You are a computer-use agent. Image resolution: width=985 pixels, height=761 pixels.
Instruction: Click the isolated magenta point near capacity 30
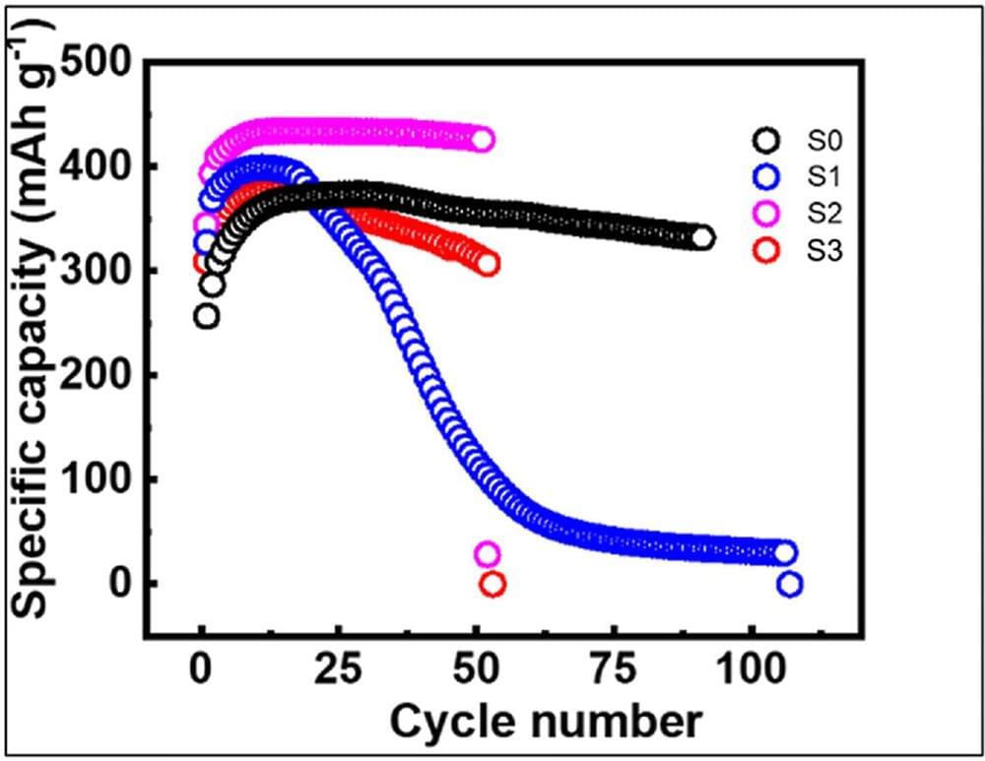[x=487, y=554]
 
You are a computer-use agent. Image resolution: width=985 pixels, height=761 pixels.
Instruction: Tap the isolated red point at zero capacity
[x=492, y=585]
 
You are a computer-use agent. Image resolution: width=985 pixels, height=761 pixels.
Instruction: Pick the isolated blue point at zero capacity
[x=789, y=585]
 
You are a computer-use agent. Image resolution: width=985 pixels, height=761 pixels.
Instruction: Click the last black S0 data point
[x=702, y=237]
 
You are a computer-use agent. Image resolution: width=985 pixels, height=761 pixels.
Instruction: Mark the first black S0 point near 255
[x=207, y=317]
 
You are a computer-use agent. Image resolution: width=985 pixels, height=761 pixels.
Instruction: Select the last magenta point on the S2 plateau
[x=482, y=139]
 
